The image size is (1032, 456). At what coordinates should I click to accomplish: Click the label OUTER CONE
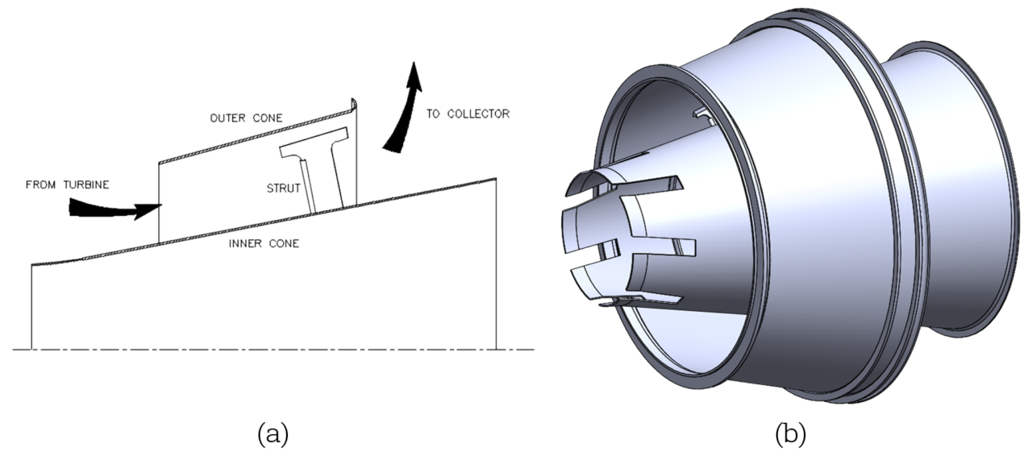click(x=246, y=118)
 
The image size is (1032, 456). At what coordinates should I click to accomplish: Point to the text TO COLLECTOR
click(x=468, y=114)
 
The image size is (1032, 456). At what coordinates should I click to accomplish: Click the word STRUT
click(x=283, y=189)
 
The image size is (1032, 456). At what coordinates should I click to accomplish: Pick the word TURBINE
click(x=84, y=185)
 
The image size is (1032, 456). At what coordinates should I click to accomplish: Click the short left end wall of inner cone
click(x=31, y=302)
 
